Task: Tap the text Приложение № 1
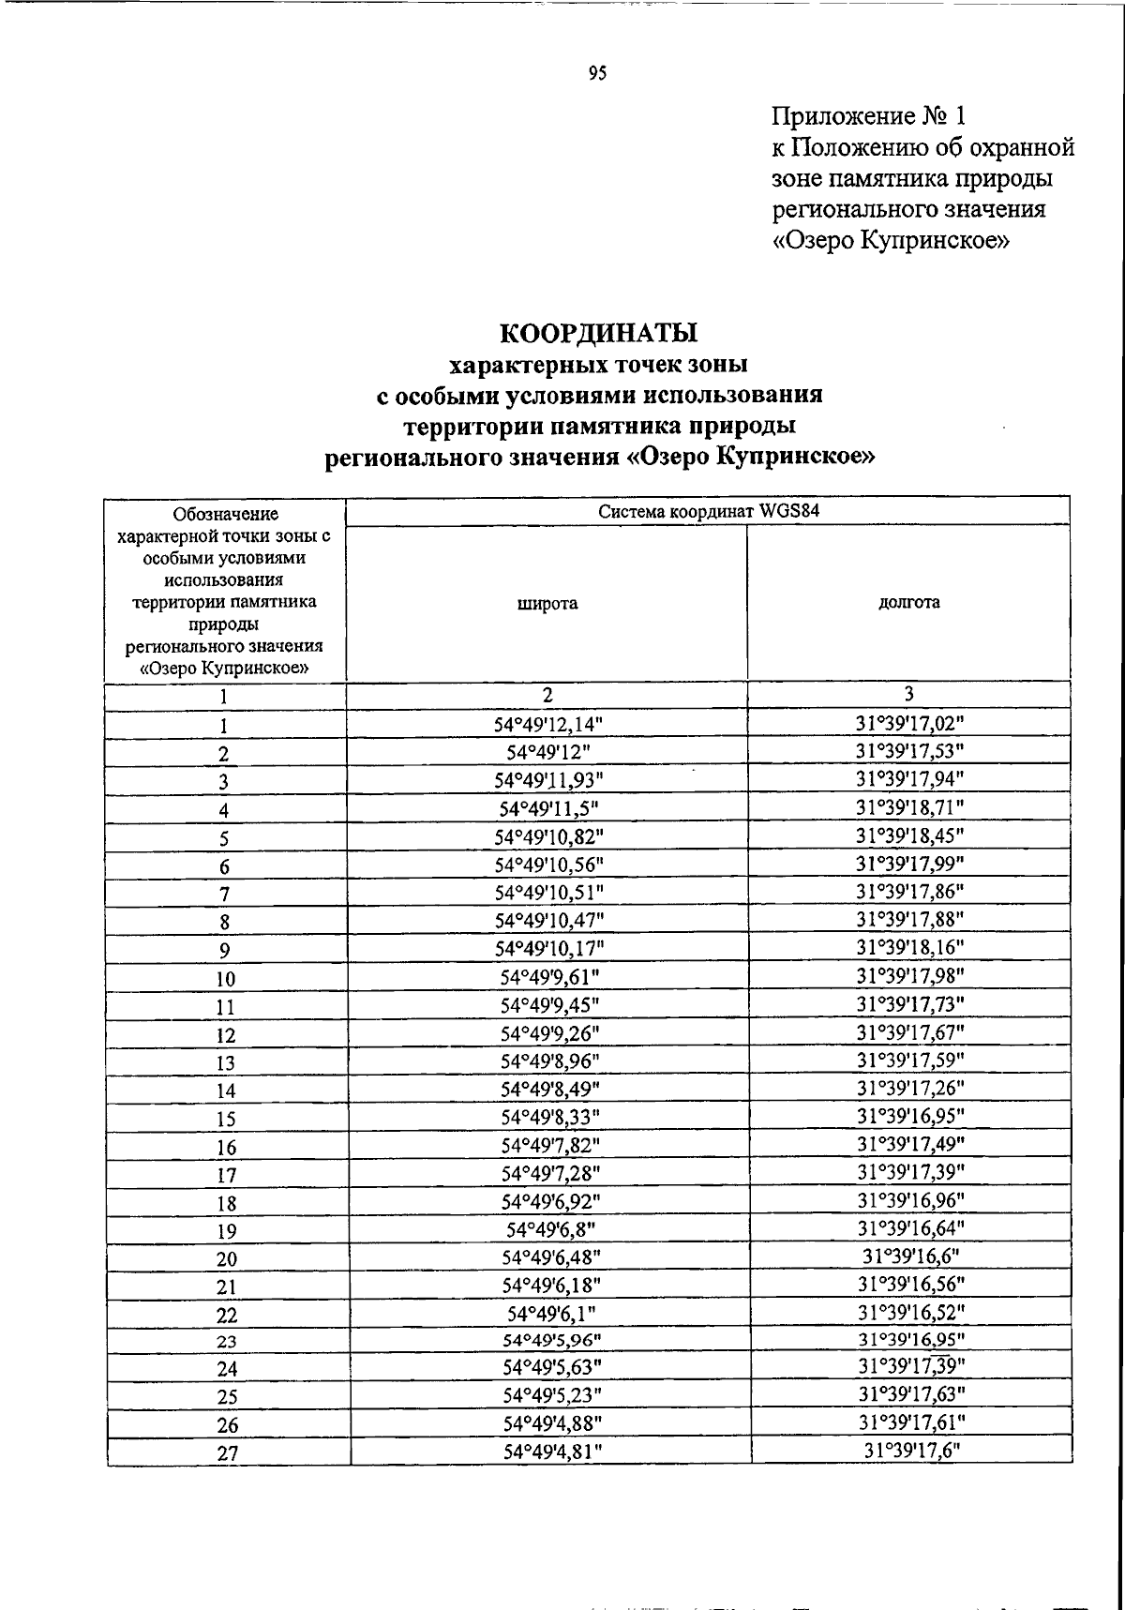click(x=868, y=116)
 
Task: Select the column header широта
click(x=547, y=604)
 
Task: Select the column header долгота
click(x=908, y=603)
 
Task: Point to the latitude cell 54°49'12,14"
click(x=549, y=724)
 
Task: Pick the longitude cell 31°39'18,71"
click(x=909, y=806)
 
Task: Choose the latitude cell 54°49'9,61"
click(x=549, y=976)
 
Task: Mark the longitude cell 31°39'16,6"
click(x=910, y=1256)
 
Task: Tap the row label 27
click(x=227, y=1454)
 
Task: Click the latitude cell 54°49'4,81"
click(x=551, y=1451)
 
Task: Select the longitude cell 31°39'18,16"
click(x=909, y=947)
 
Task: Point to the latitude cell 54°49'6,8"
click(x=550, y=1228)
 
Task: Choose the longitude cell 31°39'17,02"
click(x=909, y=723)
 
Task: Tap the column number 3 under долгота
click(x=908, y=694)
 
